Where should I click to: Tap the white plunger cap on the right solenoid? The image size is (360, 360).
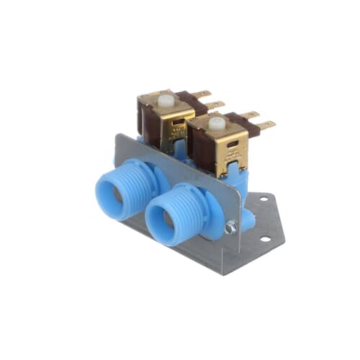216,122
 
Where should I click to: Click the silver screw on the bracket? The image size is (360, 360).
231,228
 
